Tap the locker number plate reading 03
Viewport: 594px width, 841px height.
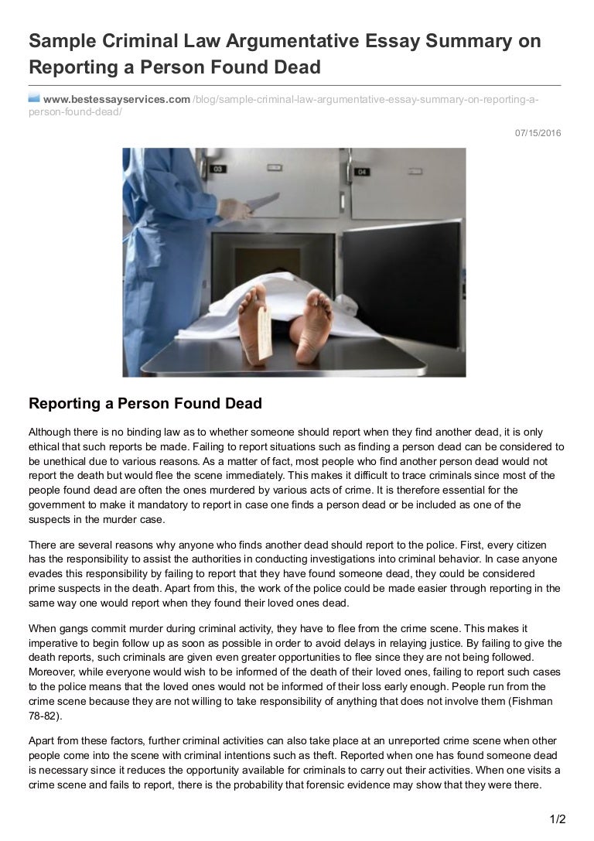coord(218,168)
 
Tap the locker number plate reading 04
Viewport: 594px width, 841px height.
coord(362,171)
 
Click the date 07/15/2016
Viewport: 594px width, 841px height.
coord(538,133)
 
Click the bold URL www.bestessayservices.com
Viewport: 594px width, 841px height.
coord(116,99)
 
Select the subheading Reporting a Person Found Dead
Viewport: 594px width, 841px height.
coord(145,403)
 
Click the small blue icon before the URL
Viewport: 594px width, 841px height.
coord(33,98)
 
